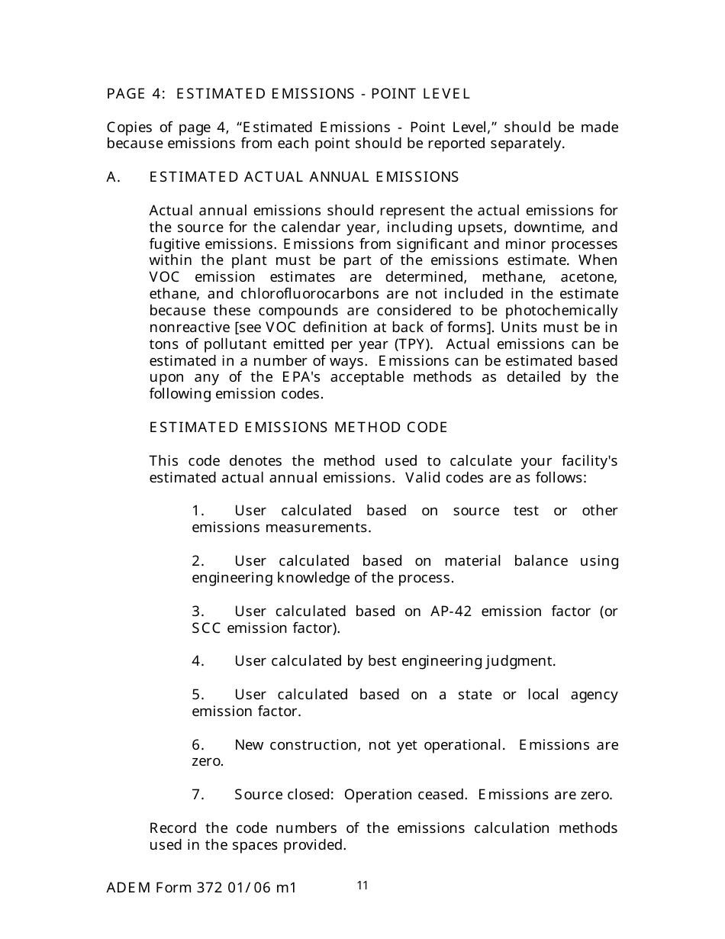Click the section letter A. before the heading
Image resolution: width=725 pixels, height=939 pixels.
pos(114,177)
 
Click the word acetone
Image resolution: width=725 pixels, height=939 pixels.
pos(588,277)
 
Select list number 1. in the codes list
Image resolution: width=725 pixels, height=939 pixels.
pos(198,511)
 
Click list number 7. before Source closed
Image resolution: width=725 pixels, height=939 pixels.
pos(198,795)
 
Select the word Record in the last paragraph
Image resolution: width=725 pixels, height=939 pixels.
pos(172,828)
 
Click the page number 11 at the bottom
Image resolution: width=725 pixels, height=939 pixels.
pos(362,886)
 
